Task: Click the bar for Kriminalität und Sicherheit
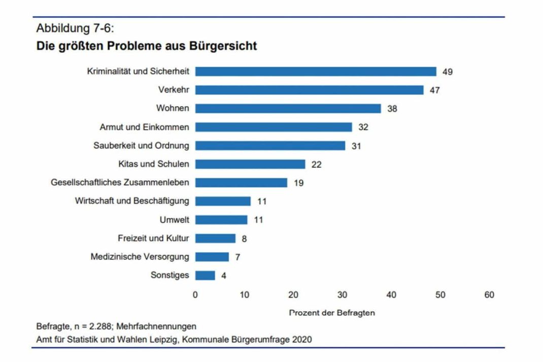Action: coord(316,72)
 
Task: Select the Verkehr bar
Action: coord(309,90)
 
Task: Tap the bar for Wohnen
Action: coord(288,109)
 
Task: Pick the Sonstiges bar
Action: coord(205,275)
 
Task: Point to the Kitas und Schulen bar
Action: coord(250,164)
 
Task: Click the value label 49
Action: coord(447,72)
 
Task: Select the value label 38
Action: coord(392,109)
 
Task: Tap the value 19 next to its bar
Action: coord(298,183)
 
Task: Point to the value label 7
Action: coord(237,257)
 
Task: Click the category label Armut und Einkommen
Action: coord(144,127)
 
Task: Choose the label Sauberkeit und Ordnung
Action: coord(141,146)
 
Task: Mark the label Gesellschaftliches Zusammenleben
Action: coord(120,183)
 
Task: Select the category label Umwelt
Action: coord(174,220)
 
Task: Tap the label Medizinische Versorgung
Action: coord(140,257)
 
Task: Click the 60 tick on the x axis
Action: coord(489,295)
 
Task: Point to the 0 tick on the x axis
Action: coord(195,295)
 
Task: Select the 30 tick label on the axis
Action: coord(343,295)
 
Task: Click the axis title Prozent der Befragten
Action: coord(332,313)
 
